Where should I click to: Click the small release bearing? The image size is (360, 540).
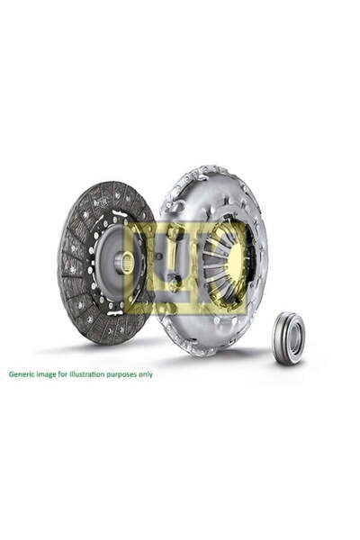pos(289,337)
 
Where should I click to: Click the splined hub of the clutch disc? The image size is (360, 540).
pos(125,262)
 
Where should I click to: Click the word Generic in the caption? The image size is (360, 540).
pos(23,373)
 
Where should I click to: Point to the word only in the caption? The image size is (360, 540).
pos(144,373)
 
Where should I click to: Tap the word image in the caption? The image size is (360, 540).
pos(49,373)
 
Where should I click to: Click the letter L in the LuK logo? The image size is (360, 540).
pos(148,267)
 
